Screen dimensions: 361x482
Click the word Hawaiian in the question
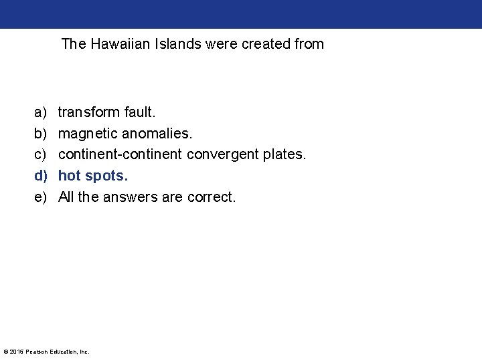[114, 44]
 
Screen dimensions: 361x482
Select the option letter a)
[42, 112]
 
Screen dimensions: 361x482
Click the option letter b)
[42, 133]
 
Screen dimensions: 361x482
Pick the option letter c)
[42, 154]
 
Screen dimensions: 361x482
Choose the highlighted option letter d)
[42, 176]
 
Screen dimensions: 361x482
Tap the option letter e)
[42, 197]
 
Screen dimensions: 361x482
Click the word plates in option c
[284, 154]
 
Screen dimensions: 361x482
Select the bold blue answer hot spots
[92, 176]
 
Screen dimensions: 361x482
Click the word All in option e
[66, 197]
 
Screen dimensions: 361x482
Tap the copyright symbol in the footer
[6, 352]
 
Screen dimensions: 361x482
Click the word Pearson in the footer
[37, 352]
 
